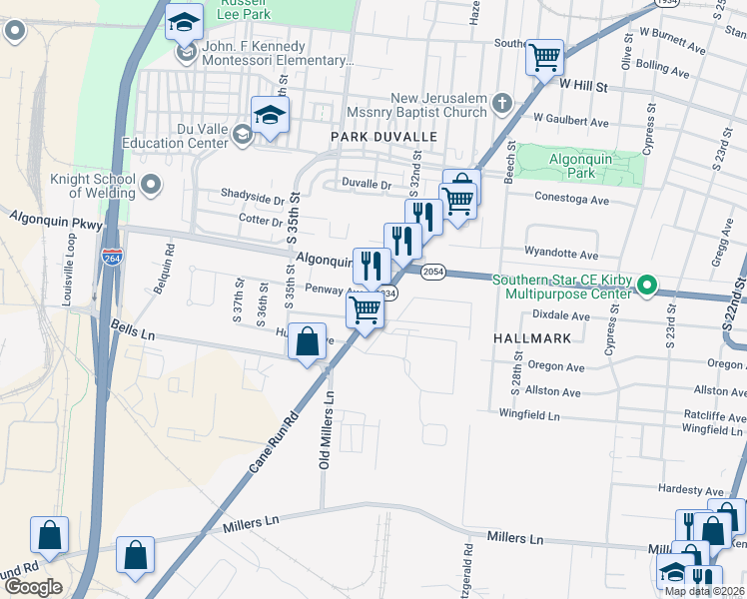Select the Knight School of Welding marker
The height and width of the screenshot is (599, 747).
click(x=151, y=184)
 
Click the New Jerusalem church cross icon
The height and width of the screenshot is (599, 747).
click(x=501, y=103)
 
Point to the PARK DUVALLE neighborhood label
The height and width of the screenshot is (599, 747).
click(x=384, y=136)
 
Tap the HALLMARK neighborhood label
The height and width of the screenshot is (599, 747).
click(x=532, y=338)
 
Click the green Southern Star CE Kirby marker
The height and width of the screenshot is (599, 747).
click(x=646, y=287)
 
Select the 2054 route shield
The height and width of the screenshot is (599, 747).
click(x=431, y=273)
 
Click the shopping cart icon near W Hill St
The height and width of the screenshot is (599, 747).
click(x=545, y=58)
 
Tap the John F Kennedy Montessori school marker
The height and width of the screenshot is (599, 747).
click(x=184, y=54)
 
